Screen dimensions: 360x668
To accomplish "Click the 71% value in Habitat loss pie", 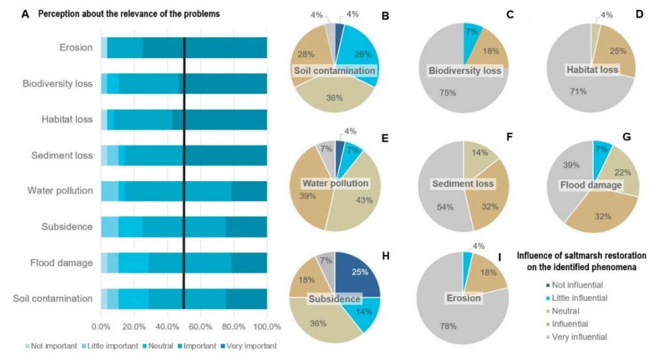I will pos(578,92).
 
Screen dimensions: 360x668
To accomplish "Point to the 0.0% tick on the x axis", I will pos(101,325).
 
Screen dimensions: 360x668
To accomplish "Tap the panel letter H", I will pos(386,256).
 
